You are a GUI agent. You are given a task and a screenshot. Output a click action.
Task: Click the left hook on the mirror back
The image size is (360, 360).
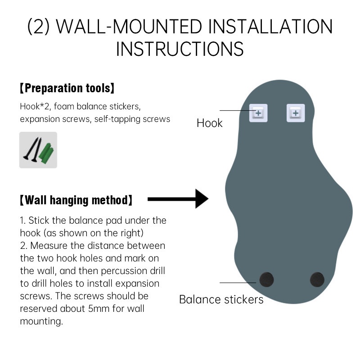coord(258,113)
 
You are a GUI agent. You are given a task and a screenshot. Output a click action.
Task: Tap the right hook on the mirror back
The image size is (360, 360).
coord(296,113)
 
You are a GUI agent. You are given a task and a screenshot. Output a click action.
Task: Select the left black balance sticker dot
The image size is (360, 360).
coord(266,279)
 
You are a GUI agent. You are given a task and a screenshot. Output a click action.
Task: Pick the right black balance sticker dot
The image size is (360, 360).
coord(317,279)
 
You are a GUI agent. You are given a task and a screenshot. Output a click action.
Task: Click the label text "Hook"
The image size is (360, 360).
coord(209,123)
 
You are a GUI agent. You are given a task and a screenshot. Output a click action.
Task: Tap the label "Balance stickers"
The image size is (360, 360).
coord(221,299)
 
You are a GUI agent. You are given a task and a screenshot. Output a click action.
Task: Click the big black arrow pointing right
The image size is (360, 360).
coord(178,199)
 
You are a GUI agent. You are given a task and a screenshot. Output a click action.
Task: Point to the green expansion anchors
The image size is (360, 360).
coord(47,153)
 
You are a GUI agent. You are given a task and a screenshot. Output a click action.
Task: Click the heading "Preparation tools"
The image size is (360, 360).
coord(67,88)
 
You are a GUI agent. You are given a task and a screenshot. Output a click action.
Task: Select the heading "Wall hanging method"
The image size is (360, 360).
coord(76,200)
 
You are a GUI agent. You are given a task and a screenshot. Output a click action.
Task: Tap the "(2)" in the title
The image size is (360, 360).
coord(39,27)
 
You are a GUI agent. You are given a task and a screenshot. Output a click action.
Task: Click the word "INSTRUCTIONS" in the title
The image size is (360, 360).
coord(180,49)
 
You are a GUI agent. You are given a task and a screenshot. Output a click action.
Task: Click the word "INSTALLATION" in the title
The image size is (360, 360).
coord(270,27)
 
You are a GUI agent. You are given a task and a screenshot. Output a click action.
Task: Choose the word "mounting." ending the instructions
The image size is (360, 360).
coord(41,321)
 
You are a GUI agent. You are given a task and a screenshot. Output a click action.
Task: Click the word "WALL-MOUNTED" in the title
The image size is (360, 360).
coord(129,27)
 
